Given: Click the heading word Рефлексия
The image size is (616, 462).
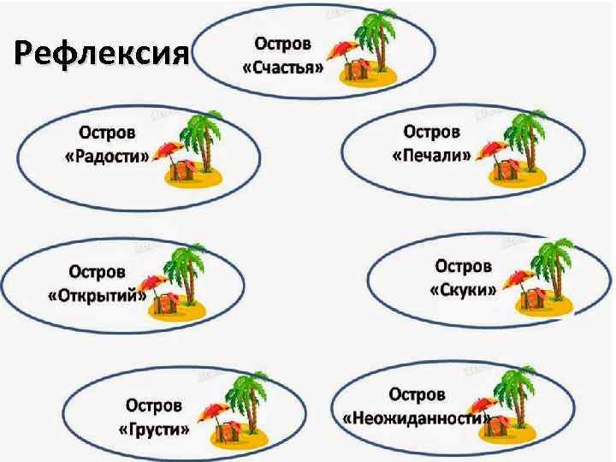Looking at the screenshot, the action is tap(101, 56).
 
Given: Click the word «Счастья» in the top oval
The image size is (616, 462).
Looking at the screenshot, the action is tap(283, 68).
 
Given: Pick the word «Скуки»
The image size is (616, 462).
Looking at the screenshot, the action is tap(463, 290).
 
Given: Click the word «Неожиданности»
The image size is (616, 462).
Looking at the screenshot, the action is tap(416, 418).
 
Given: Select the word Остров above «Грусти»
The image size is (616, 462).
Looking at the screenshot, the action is tap(154, 405).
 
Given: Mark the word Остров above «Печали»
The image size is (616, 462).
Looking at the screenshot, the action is tap(432, 132).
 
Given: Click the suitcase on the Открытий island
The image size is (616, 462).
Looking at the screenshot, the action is tap(168, 304).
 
